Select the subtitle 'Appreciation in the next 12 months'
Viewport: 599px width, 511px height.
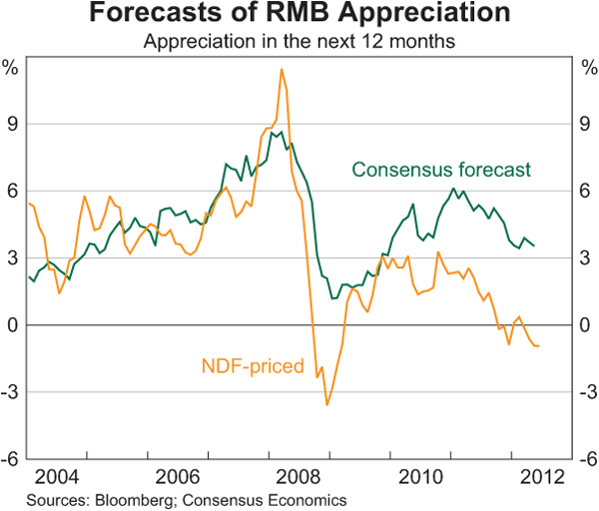click(299, 42)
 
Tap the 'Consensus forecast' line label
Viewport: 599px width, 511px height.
click(440, 170)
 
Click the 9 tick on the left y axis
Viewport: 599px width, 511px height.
click(14, 124)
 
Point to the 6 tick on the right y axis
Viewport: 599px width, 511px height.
click(585, 191)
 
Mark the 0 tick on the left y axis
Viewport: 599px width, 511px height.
click(14, 325)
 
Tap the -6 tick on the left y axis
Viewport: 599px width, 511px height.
click(12, 460)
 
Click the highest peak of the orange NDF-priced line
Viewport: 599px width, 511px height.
click(282, 69)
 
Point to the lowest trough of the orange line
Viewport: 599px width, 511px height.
click(326, 404)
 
